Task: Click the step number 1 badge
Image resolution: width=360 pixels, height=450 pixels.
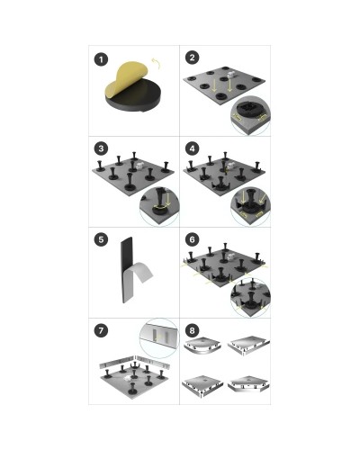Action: point(101,59)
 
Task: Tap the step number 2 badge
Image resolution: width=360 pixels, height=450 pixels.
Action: point(192,58)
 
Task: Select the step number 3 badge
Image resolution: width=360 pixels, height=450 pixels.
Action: point(101,148)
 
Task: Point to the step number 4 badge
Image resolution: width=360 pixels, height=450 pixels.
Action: point(192,148)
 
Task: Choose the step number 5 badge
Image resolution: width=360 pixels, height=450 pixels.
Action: point(101,239)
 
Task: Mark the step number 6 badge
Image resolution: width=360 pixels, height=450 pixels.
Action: point(192,239)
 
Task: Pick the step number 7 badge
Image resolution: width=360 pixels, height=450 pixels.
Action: point(101,330)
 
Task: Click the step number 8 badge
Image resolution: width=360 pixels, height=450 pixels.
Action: point(192,330)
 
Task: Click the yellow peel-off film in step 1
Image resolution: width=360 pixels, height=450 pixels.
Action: point(126,78)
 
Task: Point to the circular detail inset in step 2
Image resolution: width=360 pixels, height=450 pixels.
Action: point(250,115)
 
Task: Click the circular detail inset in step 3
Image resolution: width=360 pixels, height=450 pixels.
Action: point(159,206)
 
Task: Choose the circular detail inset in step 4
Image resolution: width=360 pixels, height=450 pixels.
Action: point(250,207)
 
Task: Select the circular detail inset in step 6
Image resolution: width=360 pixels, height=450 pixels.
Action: point(250,298)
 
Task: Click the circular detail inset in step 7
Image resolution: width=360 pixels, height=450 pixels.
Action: point(159,338)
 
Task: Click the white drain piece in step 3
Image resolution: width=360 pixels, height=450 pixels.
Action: point(140,166)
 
